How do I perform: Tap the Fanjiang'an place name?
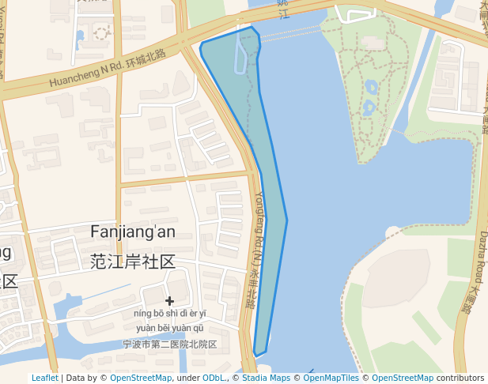click(x=133, y=232)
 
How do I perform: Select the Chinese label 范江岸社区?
click(x=133, y=262)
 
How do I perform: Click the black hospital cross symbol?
click(x=169, y=301)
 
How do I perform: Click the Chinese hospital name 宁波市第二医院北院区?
click(x=169, y=344)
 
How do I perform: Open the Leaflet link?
click(x=44, y=378)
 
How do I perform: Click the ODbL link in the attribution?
click(x=215, y=378)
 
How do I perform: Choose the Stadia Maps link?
click(x=266, y=378)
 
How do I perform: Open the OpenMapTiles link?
click(x=331, y=378)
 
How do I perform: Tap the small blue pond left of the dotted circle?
click(x=81, y=36)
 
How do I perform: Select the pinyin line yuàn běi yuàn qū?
click(x=169, y=328)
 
